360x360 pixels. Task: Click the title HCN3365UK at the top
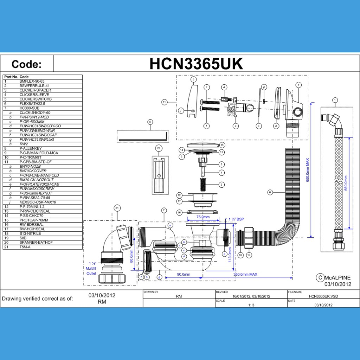point(196,64)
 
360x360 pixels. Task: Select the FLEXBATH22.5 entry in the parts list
point(32,104)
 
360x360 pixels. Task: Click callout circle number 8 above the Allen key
point(150,122)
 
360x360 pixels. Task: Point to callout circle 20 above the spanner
point(159,148)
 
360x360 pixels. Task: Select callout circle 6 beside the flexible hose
point(270,192)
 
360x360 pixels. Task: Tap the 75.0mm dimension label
point(203,217)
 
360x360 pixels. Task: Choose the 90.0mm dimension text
point(184,274)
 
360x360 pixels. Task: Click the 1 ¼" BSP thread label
point(237,219)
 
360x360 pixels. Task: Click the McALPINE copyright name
point(337,278)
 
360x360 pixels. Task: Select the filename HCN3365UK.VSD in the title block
point(324,296)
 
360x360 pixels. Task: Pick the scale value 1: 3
point(251,305)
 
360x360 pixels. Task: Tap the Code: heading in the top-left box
point(26,64)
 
